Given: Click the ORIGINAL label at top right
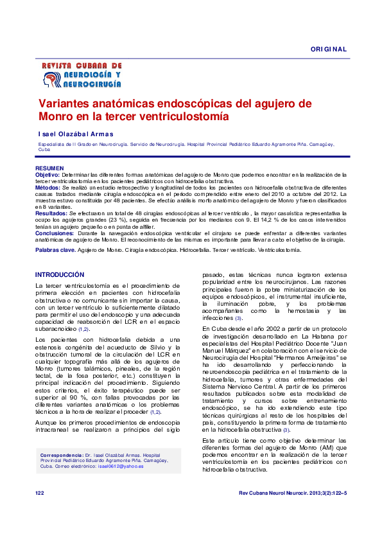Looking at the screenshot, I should tap(329, 49).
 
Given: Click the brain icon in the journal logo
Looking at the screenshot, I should tap(49, 80).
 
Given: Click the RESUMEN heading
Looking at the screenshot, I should tap(49, 168).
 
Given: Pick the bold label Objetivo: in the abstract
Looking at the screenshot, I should tap(47, 174).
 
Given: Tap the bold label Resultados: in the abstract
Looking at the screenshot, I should tap(51, 212).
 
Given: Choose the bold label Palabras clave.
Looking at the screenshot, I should tap(56, 249).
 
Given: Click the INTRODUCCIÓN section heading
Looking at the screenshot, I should tap(59, 274).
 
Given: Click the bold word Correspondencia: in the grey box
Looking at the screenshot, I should tap(62, 454).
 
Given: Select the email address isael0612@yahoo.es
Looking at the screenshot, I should tap(121, 466).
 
